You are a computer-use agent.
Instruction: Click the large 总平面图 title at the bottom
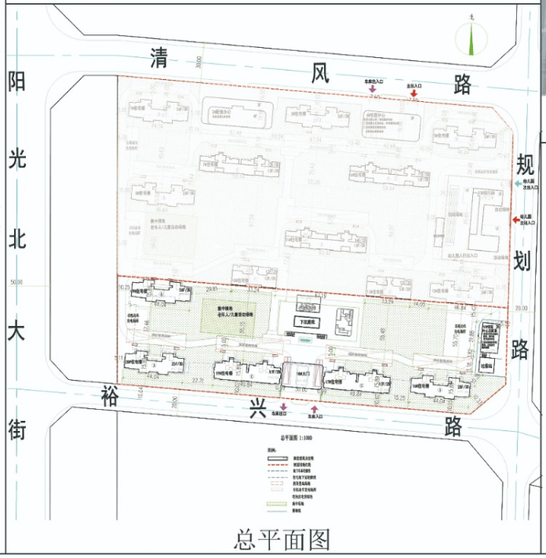point(281,540)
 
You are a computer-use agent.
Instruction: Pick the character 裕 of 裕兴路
point(109,397)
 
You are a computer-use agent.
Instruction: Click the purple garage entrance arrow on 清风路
point(373,91)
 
